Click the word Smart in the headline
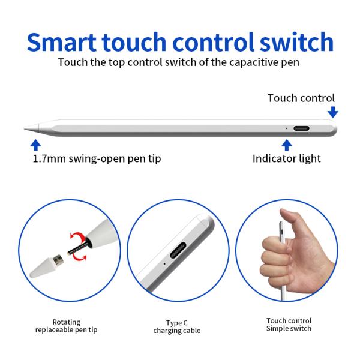[x=62, y=42]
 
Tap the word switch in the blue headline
[x=296, y=42]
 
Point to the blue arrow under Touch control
[x=332, y=112]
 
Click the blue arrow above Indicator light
[x=287, y=145]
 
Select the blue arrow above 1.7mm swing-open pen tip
[x=35, y=145]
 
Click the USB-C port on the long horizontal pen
[x=301, y=128]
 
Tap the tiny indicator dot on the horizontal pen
[x=287, y=128]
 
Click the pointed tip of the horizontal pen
[x=24, y=128]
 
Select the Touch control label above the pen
[x=301, y=98]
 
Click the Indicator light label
[x=287, y=158]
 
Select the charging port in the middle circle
[x=178, y=250]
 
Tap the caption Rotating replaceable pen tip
[x=67, y=326]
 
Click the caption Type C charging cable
[x=177, y=327]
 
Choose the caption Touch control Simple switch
[x=289, y=325]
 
